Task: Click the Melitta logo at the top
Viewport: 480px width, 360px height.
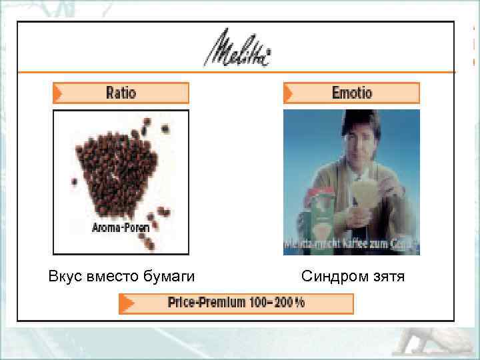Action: pos(237,48)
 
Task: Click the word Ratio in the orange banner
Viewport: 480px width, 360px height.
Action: pos(121,93)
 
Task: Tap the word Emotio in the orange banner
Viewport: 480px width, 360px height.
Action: pos(352,93)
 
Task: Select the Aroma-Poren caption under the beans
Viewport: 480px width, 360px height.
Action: pos(120,227)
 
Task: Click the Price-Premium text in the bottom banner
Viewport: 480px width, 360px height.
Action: pos(206,303)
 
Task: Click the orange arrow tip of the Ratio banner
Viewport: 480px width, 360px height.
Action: pos(59,93)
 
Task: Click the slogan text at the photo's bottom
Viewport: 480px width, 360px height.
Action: pos(351,245)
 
